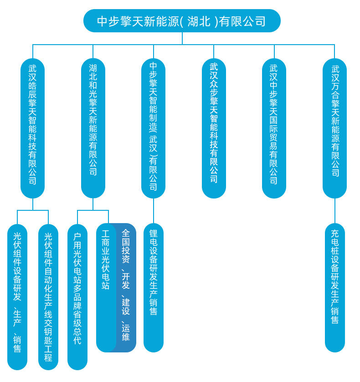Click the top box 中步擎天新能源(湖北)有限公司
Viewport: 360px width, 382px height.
(x=182, y=21)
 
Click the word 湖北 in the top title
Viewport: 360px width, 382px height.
(x=199, y=21)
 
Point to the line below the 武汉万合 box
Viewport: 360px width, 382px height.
(x=335, y=211)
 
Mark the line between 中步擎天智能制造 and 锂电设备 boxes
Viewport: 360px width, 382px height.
(x=154, y=211)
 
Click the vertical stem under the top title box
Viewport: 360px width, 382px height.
(x=182, y=38)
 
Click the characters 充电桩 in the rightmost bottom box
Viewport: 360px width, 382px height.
(x=335, y=243)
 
